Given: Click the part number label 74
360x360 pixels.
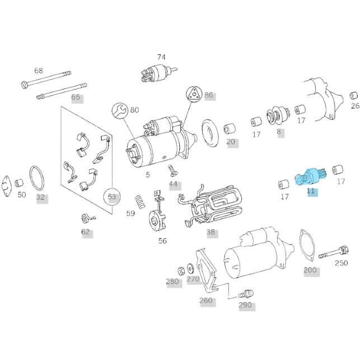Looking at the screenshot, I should pyautogui.click(x=161, y=57).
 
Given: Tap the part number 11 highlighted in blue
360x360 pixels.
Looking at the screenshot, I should pyautogui.click(x=311, y=191).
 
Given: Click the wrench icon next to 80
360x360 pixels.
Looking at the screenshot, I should pyautogui.click(x=120, y=110).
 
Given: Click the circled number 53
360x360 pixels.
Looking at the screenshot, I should pyautogui.click(x=113, y=197).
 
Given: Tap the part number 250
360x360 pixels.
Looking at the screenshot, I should pyautogui.click(x=342, y=263).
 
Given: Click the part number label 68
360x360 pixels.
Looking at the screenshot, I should pyautogui.click(x=38, y=71).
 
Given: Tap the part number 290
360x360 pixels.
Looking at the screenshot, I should pyautogui.click(x=245, y=305).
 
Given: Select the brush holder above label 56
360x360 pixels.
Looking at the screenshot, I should pyautogui.click(x=156, y=216).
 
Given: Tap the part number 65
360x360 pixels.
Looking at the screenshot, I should pyautogui.click(x=76, y=97).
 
